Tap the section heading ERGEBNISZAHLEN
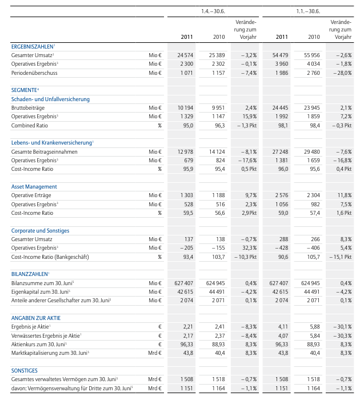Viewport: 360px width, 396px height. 33,45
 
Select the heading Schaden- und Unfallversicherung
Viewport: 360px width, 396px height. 50,99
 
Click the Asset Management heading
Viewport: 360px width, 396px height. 34,187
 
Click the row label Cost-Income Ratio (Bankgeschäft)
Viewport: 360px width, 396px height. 50,257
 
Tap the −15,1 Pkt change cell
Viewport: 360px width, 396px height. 341,257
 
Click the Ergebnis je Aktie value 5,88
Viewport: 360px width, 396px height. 313,327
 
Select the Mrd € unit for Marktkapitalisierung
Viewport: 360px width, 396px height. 153,353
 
